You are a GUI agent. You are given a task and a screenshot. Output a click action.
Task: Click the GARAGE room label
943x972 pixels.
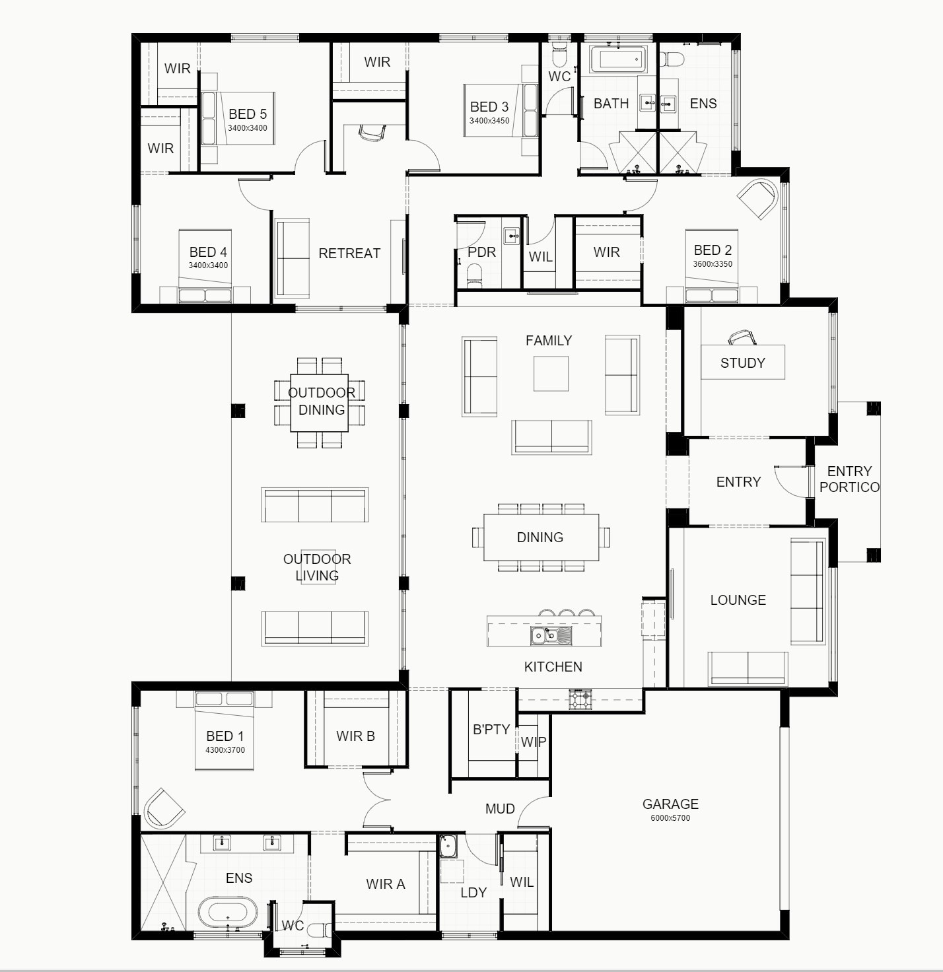670,804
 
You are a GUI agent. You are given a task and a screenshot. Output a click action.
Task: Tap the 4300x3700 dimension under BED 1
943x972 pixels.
225,750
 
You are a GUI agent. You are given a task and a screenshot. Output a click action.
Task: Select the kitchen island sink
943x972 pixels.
551,636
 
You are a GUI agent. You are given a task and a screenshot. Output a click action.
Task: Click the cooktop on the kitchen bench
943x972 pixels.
580,699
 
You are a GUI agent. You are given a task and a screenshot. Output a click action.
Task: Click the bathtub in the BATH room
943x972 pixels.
617,59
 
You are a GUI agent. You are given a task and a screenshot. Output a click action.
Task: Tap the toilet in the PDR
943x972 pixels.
475,273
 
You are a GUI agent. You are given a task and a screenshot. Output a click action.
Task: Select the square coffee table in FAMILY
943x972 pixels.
551,374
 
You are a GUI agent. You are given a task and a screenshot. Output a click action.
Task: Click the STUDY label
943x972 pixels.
742,363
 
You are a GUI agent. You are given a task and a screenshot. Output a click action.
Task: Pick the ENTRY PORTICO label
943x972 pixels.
849,479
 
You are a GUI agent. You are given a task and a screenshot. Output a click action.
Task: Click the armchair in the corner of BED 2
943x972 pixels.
757,199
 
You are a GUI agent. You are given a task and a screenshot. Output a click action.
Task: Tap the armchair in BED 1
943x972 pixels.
164,808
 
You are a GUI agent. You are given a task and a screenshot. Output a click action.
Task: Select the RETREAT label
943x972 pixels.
349,254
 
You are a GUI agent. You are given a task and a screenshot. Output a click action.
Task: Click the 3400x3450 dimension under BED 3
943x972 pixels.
489,121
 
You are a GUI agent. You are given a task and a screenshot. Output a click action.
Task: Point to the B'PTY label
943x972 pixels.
491,730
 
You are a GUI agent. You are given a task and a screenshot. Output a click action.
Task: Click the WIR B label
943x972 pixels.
355,736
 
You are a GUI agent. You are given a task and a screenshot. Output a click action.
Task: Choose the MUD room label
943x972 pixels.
500,809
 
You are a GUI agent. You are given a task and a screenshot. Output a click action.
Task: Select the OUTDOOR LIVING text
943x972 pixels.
317,567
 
